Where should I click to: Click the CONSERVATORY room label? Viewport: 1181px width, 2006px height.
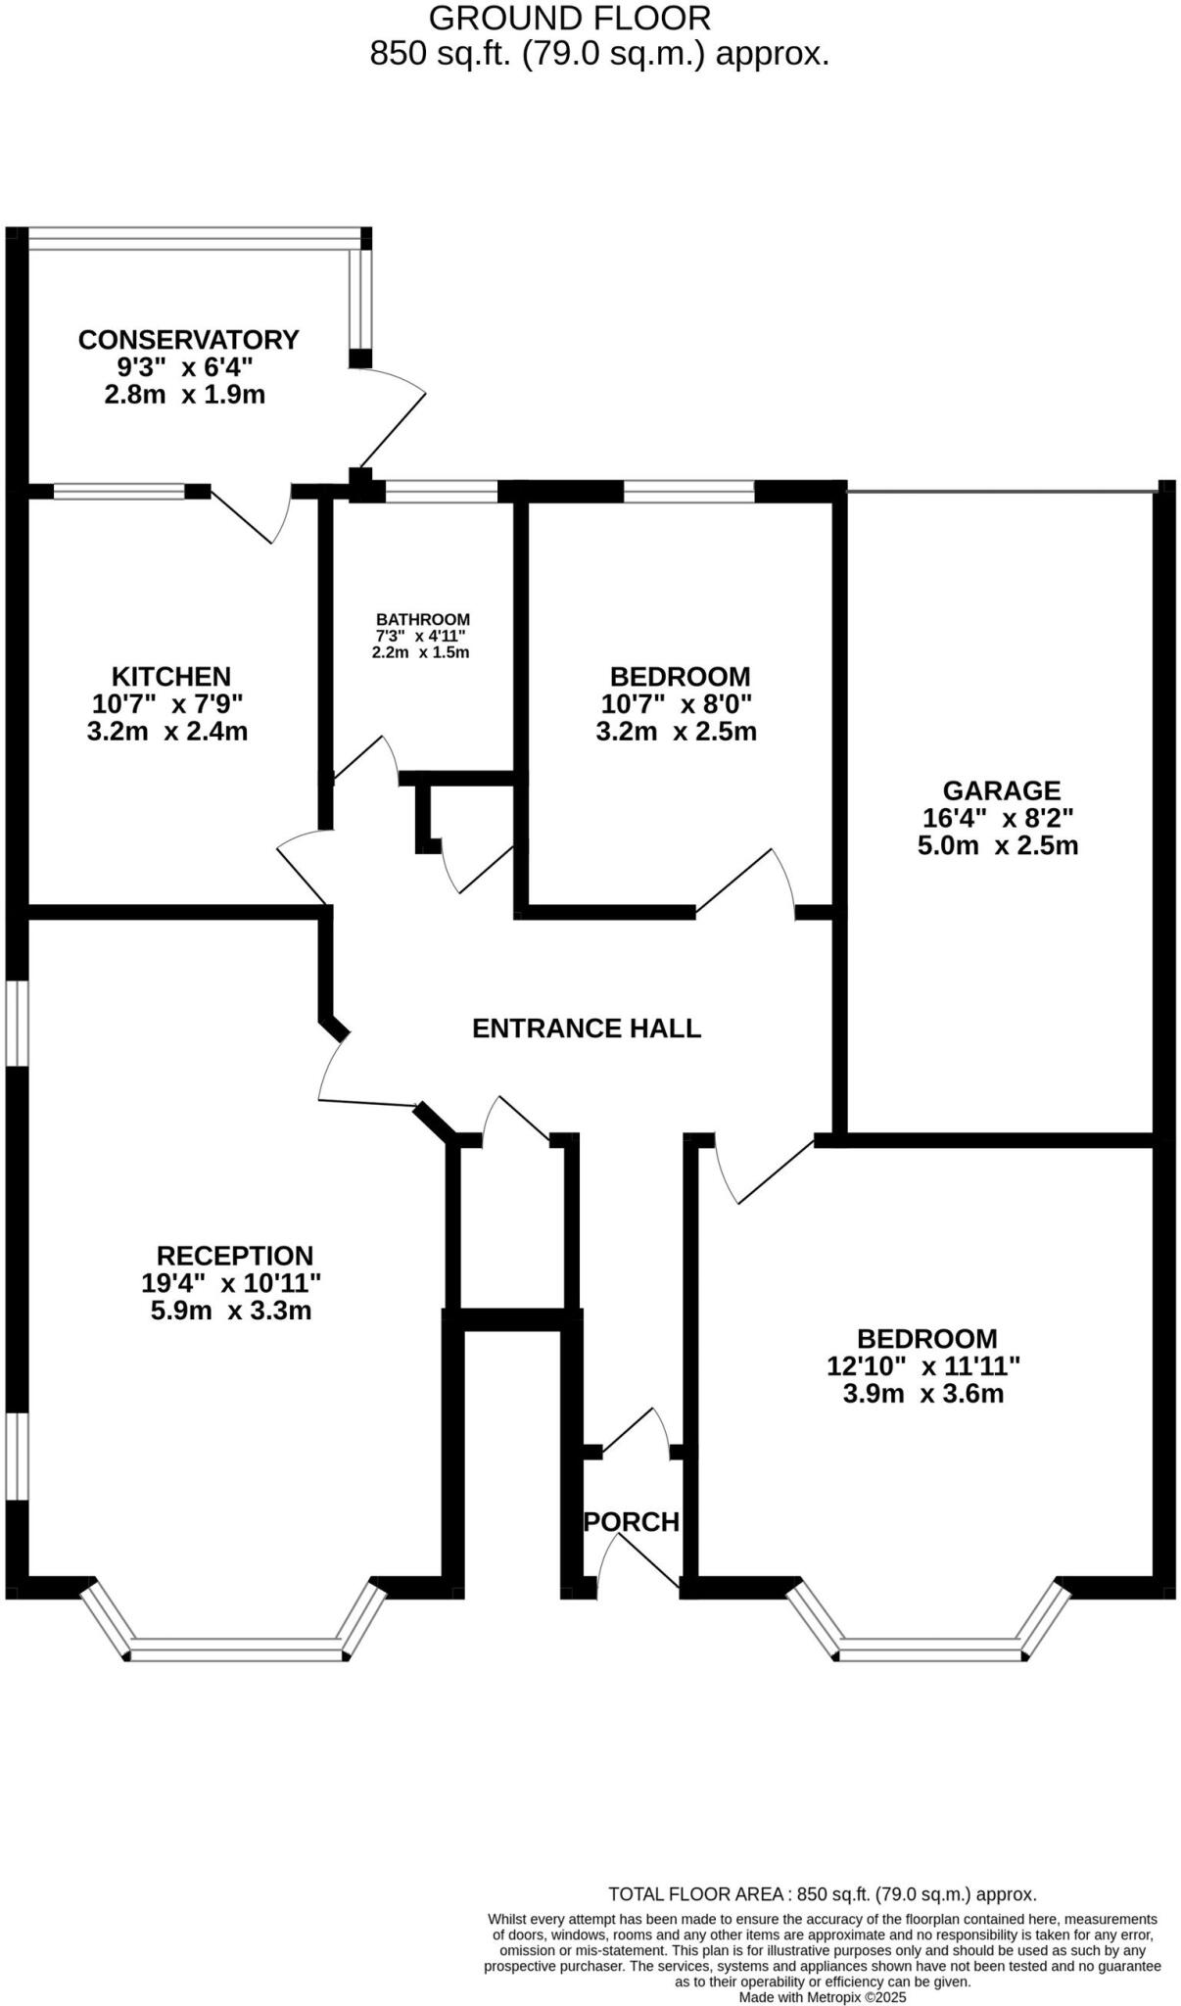click(188, 340)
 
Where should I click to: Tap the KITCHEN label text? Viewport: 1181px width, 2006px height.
click(171, 677)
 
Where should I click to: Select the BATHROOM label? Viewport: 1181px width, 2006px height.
click(423, 620)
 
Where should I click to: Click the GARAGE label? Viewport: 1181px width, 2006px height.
click(1001, 790)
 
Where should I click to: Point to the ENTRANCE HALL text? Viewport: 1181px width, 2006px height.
click(587, 1028)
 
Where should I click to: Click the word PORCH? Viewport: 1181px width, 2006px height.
click(632, 1522)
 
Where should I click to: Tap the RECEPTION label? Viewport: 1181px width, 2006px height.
click(235, 1256)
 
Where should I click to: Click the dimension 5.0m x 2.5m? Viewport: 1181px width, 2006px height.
click(997, 846)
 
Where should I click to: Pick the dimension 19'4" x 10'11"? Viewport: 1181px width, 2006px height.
click(231, 1283)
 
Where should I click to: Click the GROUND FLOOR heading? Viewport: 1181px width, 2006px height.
click(569, 19)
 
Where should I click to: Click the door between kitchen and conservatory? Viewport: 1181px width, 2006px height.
click(251, 514)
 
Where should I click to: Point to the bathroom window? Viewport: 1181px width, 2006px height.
click(442, 493)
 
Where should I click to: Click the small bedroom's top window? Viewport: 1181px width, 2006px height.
click(688, 492)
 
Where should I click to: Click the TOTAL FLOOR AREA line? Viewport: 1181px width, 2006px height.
click(822, 1894)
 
